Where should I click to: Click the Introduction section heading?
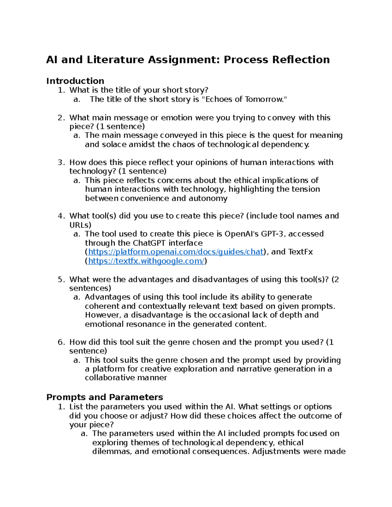[75, 81]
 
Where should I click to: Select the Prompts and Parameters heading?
[105, 397]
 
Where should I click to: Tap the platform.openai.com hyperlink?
[176, 252]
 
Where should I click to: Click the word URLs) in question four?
[80, 225]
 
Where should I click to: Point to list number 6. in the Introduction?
[61, 342]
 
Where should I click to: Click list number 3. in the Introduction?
[61, 163]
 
